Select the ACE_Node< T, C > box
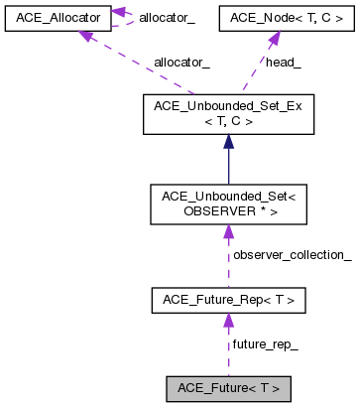point(285,18)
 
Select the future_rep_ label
point(265,343)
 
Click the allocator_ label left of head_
point(180,63)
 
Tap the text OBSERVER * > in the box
point(228,212)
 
